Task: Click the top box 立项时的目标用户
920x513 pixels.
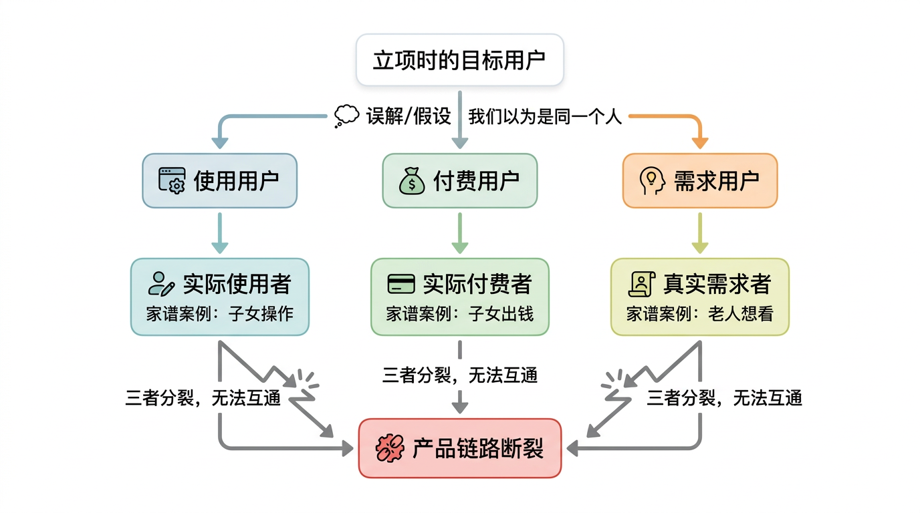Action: [x=459, y=60]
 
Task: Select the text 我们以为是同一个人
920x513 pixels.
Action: [x=545, y=116]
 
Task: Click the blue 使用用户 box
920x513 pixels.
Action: [x=219, y=180]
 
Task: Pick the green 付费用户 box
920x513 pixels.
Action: [x=459, y=180]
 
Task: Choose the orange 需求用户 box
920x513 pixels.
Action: [x=700, y=180]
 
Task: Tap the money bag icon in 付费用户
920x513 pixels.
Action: [x=412, y=180]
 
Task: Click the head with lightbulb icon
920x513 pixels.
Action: [x=652, y=180]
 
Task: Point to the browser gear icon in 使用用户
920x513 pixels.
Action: [x=172, y=180]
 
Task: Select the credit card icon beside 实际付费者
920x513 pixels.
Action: [x=401, y=285]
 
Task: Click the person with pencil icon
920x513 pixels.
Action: [x=161, y=285]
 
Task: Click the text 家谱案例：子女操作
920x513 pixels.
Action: [x=219, y=314]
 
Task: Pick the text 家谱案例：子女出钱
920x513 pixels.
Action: [x=459, y=314]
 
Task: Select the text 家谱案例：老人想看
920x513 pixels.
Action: [x=700, y=314]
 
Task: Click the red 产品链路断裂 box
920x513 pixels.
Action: [x=459, y=448]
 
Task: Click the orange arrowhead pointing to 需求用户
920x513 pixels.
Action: [x=700, y=142]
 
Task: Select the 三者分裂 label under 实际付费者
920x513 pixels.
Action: [x=459, y=375]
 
